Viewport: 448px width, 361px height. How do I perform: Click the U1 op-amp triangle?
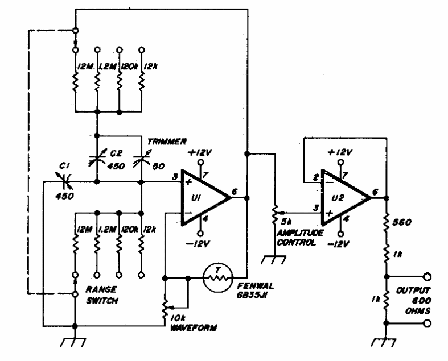[203, 197]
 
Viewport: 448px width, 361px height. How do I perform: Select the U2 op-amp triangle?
[344, 197]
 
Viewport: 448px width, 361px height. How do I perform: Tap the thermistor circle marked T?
[215, 279]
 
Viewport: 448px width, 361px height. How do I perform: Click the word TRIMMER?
[161, 140]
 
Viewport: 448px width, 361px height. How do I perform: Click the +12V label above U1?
[203, 152]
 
